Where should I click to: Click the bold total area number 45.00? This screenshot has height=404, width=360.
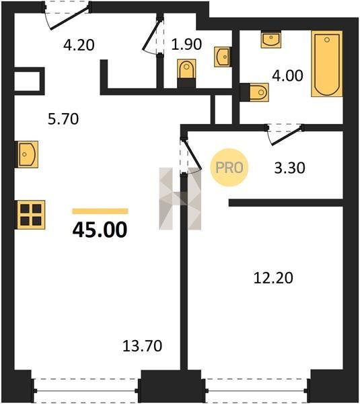[100, 230]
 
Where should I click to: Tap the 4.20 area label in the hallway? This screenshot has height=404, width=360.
[79, 45]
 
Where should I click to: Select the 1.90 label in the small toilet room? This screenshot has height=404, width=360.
[186, 44]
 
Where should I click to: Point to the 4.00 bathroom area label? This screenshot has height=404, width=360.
[287, 75]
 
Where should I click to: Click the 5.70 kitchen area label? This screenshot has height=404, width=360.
[63, 119]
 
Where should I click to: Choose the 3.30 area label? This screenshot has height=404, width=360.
[290, 168]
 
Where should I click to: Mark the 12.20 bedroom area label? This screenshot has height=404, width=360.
[273, 278]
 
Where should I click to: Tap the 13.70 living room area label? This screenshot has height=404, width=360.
[143, 346]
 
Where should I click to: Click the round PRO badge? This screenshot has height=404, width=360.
[229, 168]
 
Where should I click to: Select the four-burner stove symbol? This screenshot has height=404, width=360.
[31, 215]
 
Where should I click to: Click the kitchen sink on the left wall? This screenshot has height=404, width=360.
[28, 154]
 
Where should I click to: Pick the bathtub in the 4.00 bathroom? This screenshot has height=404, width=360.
[327, 64]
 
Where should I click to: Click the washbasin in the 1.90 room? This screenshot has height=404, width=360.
[222, 57]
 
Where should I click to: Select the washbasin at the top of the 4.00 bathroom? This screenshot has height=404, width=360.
[271, 39]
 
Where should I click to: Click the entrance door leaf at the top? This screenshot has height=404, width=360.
[69, 18]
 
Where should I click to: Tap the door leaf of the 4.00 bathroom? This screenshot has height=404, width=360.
[287, 135]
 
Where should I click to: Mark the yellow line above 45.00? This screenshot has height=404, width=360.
[100, 211]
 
